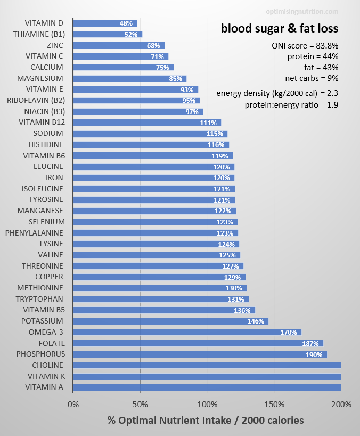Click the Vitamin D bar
pos(105,23)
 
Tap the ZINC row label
pos(55,45)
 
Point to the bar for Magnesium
pos(129,78)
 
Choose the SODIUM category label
pos(48,133)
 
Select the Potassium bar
pos(170,321)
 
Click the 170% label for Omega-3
pos(288,333)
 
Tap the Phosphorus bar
pos(200,354)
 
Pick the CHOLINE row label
pos(47,365)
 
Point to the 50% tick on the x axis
pos(140,405)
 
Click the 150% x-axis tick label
pos(274,405)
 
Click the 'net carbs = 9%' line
pos(312,78)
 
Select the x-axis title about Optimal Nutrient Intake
pos(206,420)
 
